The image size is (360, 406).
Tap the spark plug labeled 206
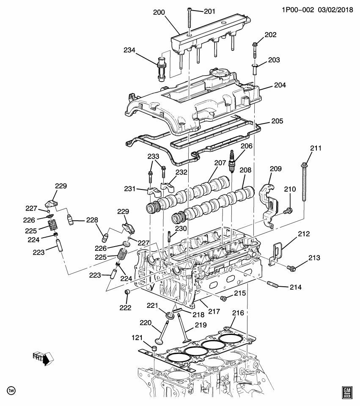[x=232, y=161]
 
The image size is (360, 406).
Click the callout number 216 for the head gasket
[x=238, y=313]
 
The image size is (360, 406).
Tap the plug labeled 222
[x=126, y=293]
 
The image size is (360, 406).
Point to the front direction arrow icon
[x=44, y=358]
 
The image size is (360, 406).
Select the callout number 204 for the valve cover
[x=280, y=85]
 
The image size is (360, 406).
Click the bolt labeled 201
[x=189, y=21]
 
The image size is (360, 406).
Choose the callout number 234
[x=129, y=50]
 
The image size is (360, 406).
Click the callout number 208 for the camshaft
[x=245, y=170]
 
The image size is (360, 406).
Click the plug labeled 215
[x=224, y=299]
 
